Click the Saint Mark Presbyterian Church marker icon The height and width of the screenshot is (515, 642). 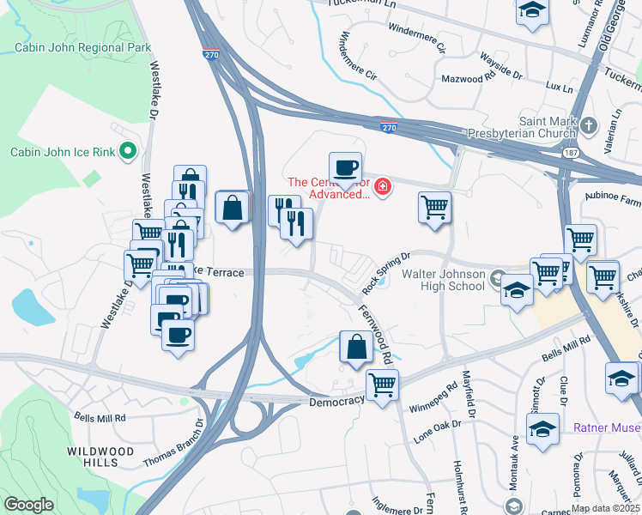[x=588, y=126]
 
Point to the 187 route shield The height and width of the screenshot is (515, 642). [x=571, y=152]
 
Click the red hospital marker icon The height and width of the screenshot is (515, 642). [x=381, y=185]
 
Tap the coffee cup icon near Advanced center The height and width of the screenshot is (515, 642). [x=345, y=167]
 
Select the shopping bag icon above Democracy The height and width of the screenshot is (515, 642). [x=355, y=347]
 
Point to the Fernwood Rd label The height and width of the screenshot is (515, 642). [x=375, y=335]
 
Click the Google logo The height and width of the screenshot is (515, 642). [x=28, y=505]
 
